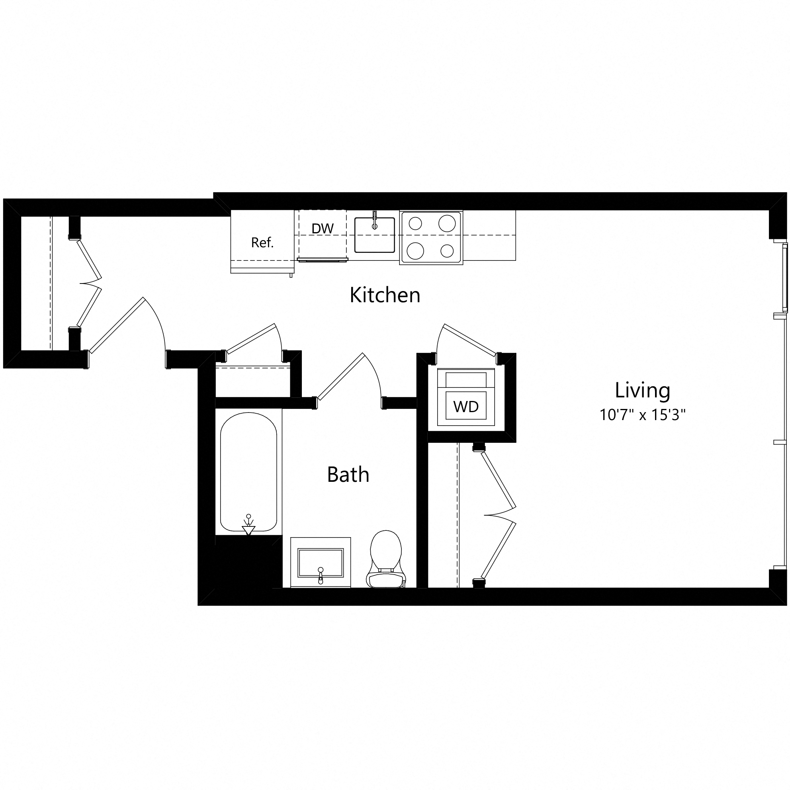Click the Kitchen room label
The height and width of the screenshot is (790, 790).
[385, 295]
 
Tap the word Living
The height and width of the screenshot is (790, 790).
[642, 390]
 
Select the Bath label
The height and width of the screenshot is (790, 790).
[348, 474]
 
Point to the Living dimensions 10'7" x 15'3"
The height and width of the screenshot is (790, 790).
[642, 415]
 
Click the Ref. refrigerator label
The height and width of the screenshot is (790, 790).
[262, 242]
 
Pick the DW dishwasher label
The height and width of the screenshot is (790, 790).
[323, 229]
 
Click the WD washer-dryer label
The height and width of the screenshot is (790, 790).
[466, 407]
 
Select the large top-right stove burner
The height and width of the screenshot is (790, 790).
[447, 223]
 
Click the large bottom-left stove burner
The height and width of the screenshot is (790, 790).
[415, 250]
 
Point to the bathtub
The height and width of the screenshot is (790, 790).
[248, 470]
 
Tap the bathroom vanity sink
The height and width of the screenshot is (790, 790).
[320, 563]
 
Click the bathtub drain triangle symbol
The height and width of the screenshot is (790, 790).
[248, 530]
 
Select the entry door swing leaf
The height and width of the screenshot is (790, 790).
[117, 325]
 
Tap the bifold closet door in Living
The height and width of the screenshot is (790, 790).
[498, 515]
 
